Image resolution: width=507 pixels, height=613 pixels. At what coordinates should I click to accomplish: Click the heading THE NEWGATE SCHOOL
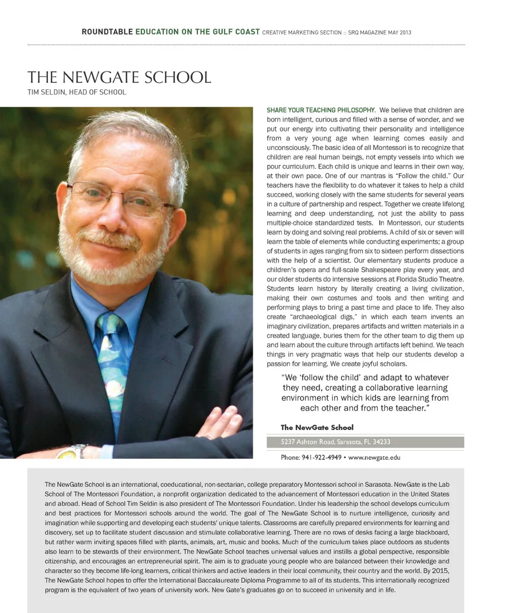(119, 77)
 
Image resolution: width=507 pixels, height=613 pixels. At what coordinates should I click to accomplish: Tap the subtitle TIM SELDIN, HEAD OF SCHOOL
(77, 92)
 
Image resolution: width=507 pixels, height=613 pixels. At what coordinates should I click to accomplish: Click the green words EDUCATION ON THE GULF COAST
(198, 32)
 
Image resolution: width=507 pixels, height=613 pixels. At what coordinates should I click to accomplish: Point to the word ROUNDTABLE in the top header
(107, 32)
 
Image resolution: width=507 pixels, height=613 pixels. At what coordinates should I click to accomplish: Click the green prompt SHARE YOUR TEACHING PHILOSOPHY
(321, 110)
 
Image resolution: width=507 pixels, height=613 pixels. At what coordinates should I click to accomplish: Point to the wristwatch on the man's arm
(72, 451)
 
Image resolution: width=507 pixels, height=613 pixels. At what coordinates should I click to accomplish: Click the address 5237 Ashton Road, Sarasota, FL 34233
(335, 442)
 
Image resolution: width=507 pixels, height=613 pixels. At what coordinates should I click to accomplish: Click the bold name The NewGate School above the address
(317, 427)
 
